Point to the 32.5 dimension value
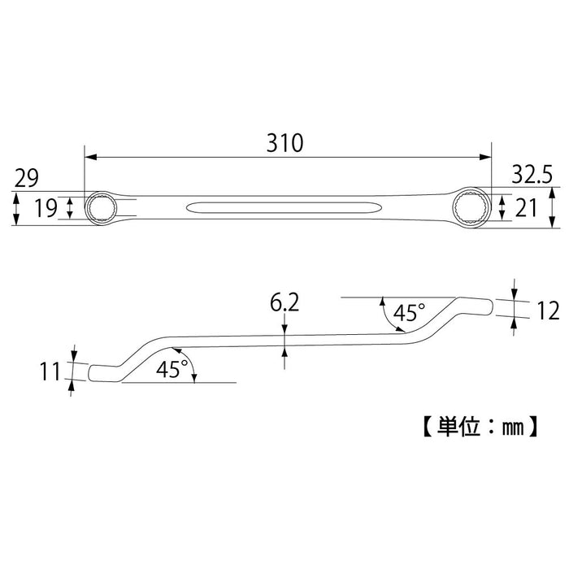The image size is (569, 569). pos(533,172)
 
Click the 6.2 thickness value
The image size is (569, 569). pos(284,305)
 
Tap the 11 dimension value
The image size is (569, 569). pos(50,372)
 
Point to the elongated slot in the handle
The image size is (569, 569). pos(281,208)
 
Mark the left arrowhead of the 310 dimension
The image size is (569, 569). pos(89,157)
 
